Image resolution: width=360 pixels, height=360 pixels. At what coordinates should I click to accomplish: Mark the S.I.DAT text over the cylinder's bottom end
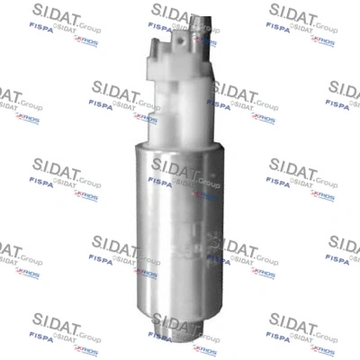tap(180, 322)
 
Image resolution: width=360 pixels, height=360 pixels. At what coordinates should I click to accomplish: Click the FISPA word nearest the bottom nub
tap(160, 336)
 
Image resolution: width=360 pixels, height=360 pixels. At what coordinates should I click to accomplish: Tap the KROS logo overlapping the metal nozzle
tap(205, 40)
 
